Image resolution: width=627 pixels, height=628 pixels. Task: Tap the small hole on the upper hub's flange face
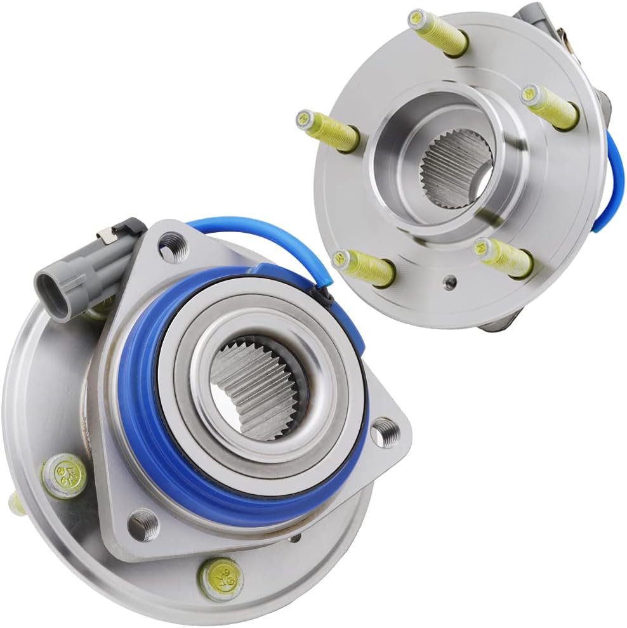(x=450, y=280)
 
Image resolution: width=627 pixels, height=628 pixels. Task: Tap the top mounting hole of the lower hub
(x=170, y=245)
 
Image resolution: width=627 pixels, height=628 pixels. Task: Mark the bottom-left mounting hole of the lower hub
(x=141, y=523)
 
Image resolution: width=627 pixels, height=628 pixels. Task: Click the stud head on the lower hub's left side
(x=63, y=476)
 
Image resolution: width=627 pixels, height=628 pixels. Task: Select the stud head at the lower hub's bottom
(x=219, y=579)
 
